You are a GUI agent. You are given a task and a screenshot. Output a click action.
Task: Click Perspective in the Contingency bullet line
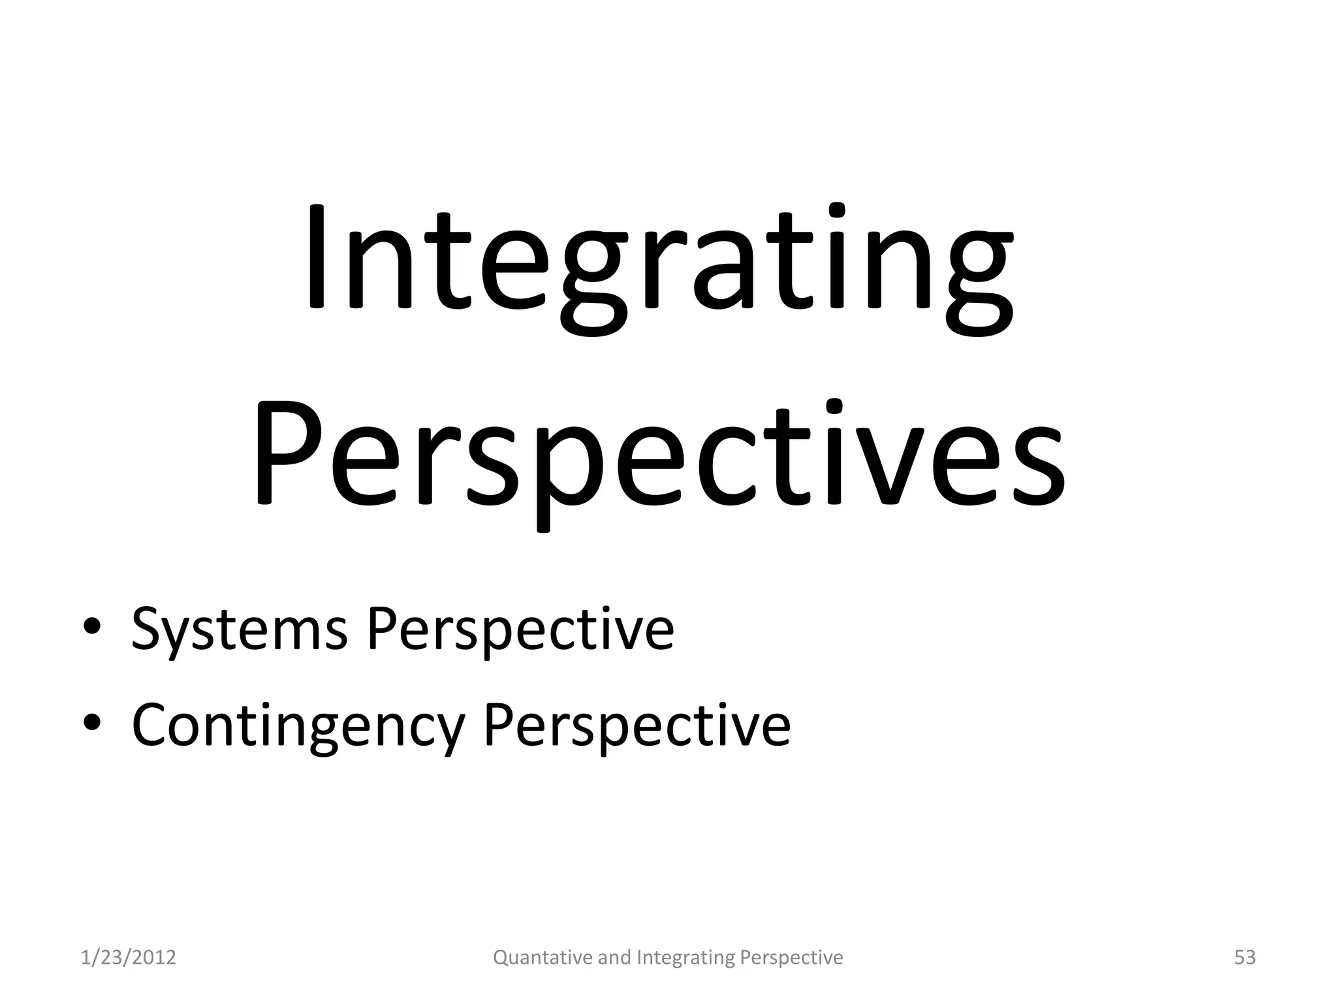click(637, 726)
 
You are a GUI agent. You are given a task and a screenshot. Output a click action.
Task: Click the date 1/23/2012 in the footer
click(129, 957)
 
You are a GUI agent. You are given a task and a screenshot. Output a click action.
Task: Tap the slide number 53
click(1245, 957)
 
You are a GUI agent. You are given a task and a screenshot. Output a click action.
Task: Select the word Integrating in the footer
click(685, 957)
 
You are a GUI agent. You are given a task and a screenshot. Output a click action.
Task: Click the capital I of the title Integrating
click(316, 258)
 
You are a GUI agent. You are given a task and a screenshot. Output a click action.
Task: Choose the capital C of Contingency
click(151, 725)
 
